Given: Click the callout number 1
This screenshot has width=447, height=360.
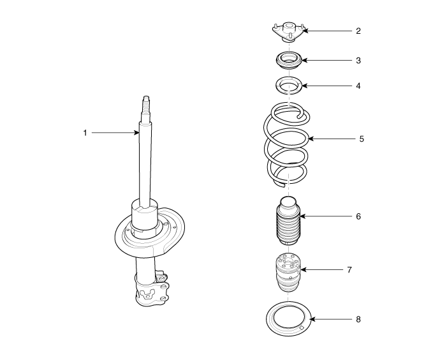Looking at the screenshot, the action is click(x=85, y=133).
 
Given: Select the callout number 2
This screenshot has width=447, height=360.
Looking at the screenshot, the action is click(x=358, y=31).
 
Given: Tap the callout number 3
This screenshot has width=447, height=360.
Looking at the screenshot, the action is click(x=358, y=61).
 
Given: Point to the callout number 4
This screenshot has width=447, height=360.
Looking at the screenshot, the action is click(x=358, y=86).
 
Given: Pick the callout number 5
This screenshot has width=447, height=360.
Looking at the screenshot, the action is click(x=362, y=139).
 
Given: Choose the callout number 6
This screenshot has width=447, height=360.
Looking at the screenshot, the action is click(x=358, y=216).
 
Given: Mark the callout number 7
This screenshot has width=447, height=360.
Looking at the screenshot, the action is click(x=349, y=269).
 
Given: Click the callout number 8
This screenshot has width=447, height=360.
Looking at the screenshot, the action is click(x=358, y=319).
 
